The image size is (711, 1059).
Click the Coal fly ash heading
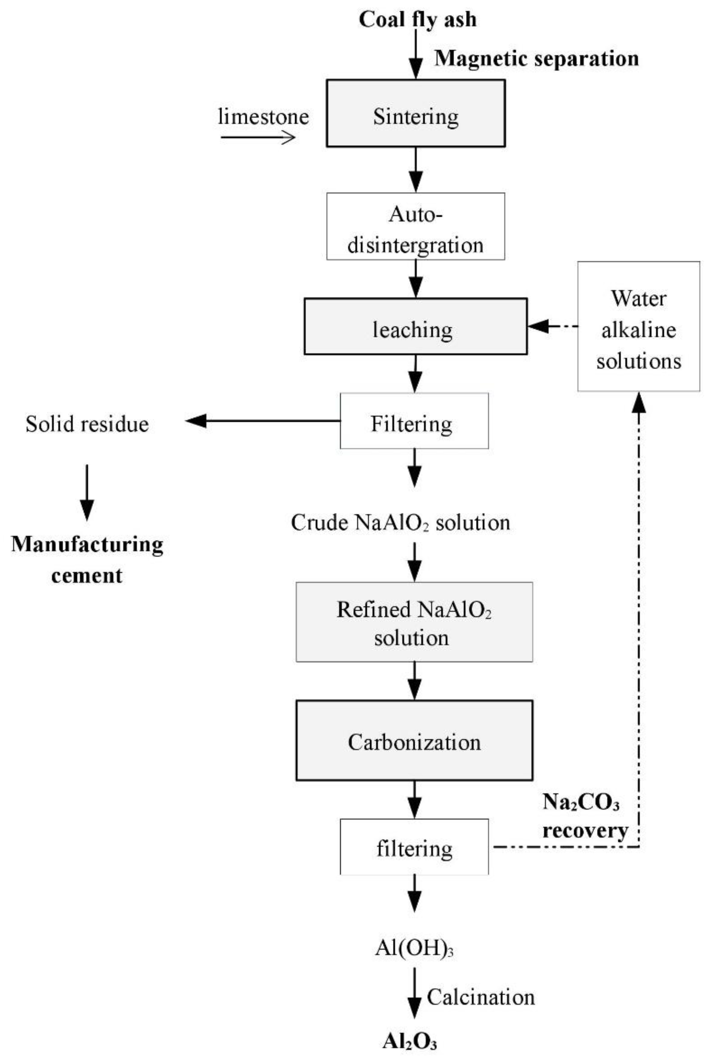coord(418,20)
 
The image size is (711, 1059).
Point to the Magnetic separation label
coord(536,58)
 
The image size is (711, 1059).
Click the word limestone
coord(264,117)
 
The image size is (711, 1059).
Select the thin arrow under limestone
coord(258,137)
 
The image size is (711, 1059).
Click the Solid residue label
coord(87,424)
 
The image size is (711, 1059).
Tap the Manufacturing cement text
coord(87,559)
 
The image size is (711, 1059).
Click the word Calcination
coord(481,997)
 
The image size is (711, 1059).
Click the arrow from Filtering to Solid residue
coord(263,421)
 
